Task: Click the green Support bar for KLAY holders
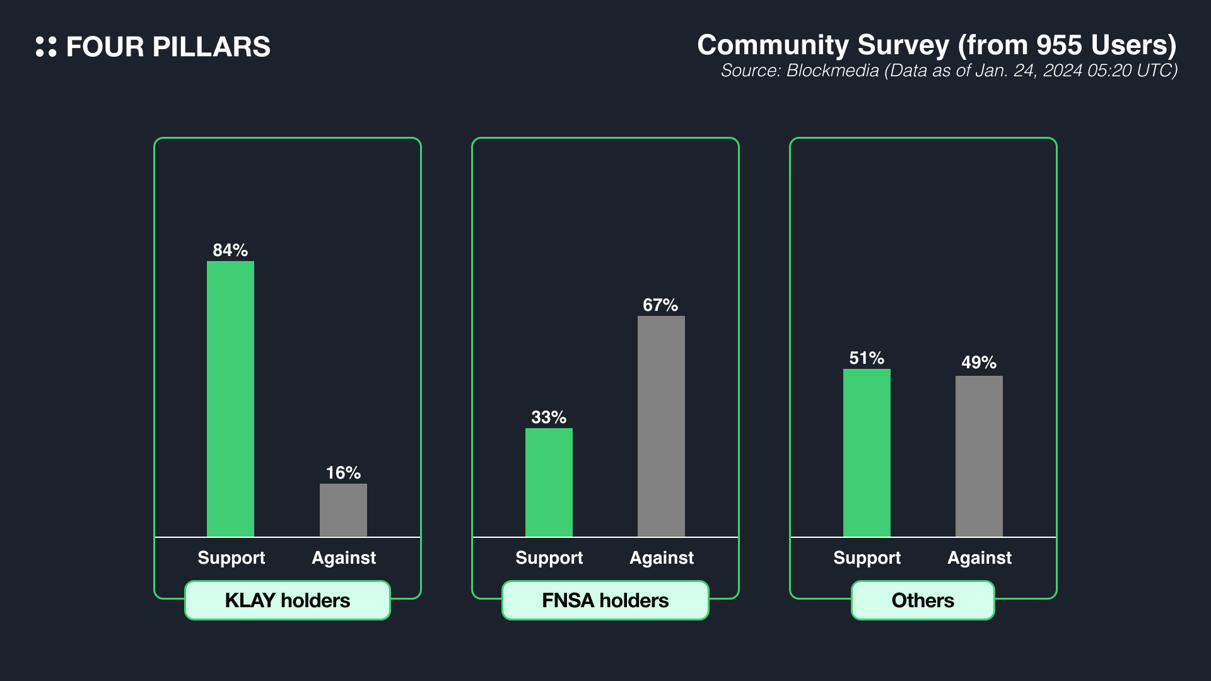point(230,399)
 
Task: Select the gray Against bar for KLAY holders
point(343,509)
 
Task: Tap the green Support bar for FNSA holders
point(549,482)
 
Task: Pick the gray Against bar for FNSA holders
point(661,426)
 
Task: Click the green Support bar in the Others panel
point(867,453)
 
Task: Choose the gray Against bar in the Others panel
point(979,456)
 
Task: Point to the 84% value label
point(230,250)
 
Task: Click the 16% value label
point(343,473)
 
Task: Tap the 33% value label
point(549,417)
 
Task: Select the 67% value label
point(660,305)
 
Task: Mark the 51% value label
point(867,358)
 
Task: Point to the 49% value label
point(979,363)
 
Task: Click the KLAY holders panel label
point(288,600)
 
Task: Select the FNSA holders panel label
point(605,600)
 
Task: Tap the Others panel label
point(923,600)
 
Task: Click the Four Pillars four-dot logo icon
point(46,47)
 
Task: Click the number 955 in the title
point(1060,45)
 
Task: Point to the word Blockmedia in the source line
point(833,71)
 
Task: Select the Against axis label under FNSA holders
point(662,558)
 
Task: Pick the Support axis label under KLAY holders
point(231,558)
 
